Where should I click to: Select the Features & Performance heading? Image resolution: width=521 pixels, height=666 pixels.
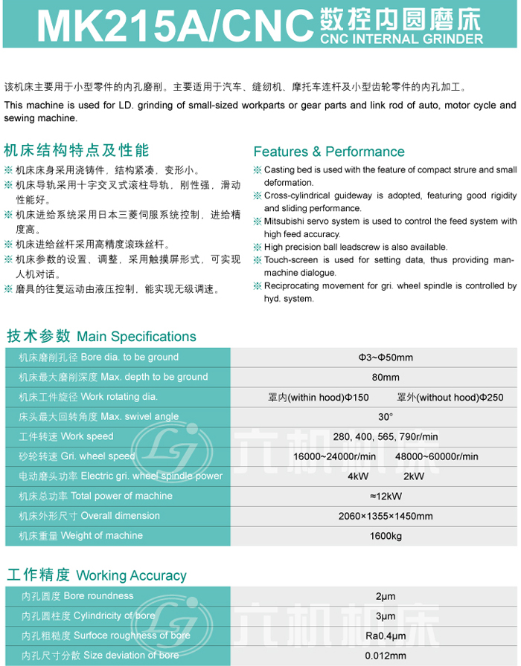click(x=329, y=152)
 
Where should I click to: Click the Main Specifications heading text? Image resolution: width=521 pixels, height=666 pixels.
click(x=136, y=337)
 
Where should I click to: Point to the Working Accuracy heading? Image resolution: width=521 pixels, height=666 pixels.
click(x=131, y=575)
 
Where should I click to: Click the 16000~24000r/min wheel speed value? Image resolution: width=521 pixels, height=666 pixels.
click(x=335, y=456)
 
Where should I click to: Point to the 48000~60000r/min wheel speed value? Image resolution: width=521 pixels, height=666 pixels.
click(x=437, y=456)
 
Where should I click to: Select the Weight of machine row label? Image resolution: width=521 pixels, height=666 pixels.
click(x=102, y=535)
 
